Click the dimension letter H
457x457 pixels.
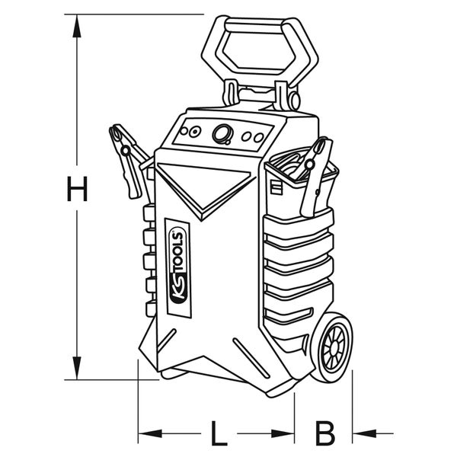[76, 189]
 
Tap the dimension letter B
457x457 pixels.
[325, 434]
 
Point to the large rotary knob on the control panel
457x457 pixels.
[222, 135]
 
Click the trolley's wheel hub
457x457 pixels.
[333, 350]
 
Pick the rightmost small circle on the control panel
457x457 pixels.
[258, 137]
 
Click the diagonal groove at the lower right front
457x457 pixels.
[251, 358]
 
